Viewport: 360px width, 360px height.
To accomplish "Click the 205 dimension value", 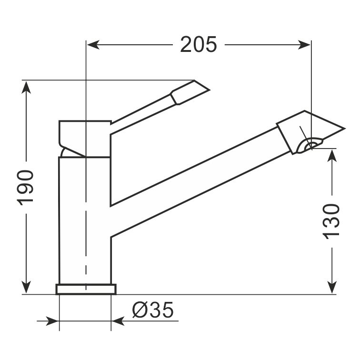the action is point(199,45).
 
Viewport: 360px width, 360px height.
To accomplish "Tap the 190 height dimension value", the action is point(25,188).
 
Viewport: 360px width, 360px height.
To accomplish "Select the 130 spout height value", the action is point(331,221).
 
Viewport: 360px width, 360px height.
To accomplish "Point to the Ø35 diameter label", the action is point(153,310).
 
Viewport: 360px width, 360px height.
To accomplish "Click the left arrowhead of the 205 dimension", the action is point(93,45).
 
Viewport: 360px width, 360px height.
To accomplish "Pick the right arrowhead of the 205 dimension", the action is point(304,45).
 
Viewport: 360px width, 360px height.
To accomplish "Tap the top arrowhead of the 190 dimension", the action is point(26,88).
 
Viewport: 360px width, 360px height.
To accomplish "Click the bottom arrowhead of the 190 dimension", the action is point(26,287).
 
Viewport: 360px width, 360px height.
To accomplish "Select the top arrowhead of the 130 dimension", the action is point(332,155).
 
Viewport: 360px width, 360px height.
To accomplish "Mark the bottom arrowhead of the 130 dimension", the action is point(332,287).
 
